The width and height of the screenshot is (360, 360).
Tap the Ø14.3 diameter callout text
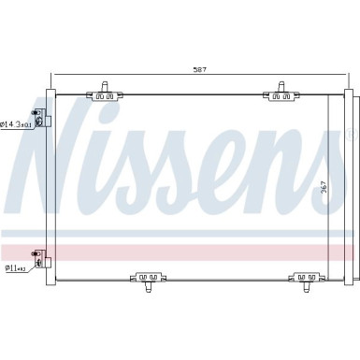click(x=15, y=123)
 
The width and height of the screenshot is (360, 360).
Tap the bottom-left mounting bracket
click(x=148, y=278)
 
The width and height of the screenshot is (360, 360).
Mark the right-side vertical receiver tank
click(x=346, y=182)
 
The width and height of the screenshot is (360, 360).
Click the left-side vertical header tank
click(x=48, y=182)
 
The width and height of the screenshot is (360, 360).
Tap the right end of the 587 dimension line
click(x=342, y=75)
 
